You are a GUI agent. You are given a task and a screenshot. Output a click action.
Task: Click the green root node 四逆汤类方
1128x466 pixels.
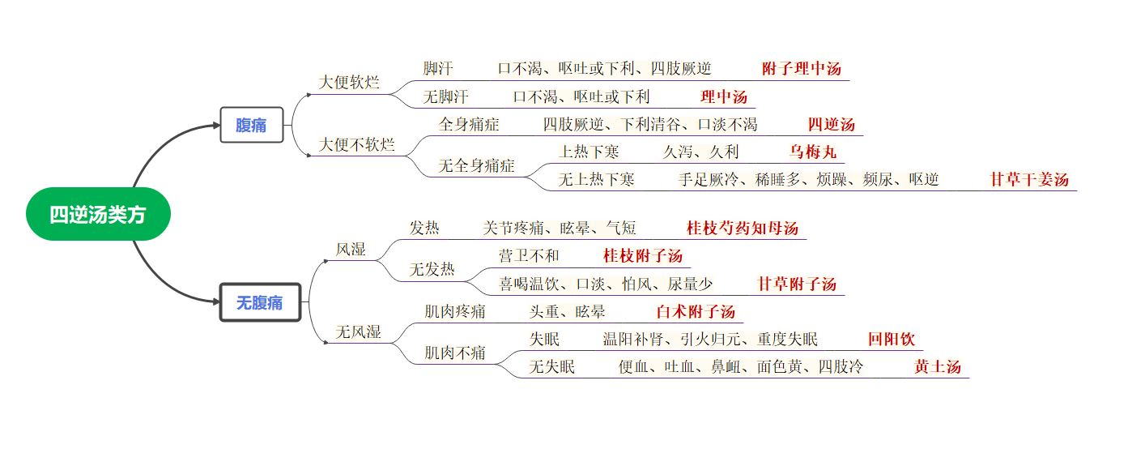98,214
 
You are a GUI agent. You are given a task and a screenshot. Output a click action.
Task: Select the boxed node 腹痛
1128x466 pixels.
252,125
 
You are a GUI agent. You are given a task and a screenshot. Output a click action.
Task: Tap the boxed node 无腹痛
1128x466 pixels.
261,302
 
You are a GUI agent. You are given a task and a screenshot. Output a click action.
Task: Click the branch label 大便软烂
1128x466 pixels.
349,82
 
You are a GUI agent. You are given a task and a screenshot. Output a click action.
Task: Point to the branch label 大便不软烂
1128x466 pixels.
356,144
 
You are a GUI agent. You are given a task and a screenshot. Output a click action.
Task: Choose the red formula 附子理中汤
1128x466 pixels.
801,69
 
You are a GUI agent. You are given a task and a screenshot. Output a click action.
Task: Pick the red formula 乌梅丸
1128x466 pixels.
813,152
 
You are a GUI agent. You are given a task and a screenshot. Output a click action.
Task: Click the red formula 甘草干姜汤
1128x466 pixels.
1029,179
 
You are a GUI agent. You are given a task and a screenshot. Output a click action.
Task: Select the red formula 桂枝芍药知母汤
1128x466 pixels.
743,229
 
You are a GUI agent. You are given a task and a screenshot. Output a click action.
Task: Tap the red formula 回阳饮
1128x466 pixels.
892,339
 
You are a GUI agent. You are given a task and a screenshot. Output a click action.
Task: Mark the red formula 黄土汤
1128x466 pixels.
937,367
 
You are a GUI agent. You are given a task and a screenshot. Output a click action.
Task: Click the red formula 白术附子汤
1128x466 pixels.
696,312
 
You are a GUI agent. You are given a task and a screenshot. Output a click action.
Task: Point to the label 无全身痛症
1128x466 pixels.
476,165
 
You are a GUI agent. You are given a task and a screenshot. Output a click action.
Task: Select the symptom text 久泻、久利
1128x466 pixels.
700,152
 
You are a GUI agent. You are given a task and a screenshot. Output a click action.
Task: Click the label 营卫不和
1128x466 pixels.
529,256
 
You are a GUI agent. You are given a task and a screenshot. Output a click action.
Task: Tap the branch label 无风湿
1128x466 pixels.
358,331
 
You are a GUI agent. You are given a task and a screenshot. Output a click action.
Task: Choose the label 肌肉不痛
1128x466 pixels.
455,353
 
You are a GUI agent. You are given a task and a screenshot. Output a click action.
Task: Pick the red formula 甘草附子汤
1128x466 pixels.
797,284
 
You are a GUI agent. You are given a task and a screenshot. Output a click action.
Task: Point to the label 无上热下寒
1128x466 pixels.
596,179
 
